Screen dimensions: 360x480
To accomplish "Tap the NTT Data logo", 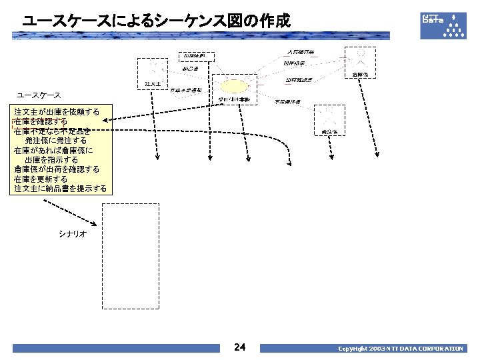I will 443,25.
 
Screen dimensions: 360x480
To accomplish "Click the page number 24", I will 241,347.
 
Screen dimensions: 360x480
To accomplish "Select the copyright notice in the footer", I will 400,349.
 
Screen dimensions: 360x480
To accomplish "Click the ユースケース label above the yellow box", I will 39,95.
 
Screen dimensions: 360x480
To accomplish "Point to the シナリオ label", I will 72,235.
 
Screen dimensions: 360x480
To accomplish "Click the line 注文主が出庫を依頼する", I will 57,112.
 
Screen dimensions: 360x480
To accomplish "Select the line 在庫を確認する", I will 41,122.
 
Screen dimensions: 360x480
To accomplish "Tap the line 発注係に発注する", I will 56,141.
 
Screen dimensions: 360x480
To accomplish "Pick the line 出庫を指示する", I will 51,160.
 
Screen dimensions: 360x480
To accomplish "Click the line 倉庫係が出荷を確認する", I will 57,169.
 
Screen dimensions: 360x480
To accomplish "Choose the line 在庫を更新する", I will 41,179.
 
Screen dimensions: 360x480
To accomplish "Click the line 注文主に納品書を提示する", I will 60,189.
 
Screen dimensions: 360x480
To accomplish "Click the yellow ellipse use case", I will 233,86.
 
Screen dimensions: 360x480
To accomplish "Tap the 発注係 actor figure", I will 329,117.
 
